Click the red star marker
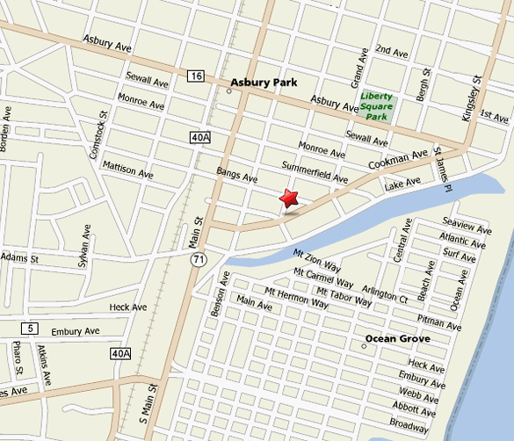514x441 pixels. [x=288, y=199]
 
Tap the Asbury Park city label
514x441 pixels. [x=264, y=83]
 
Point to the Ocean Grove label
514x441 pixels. [x=396, y=337]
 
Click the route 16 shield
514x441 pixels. [x=195, y=77]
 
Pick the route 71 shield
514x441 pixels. [x=199, y=260]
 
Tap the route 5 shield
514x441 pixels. [x=32, y=328]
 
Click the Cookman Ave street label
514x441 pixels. [x=398, y=162]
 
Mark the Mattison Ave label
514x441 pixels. [x=127, y=170]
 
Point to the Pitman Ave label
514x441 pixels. [x=439, y=322]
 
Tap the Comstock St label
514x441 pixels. [x=99, y=132]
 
